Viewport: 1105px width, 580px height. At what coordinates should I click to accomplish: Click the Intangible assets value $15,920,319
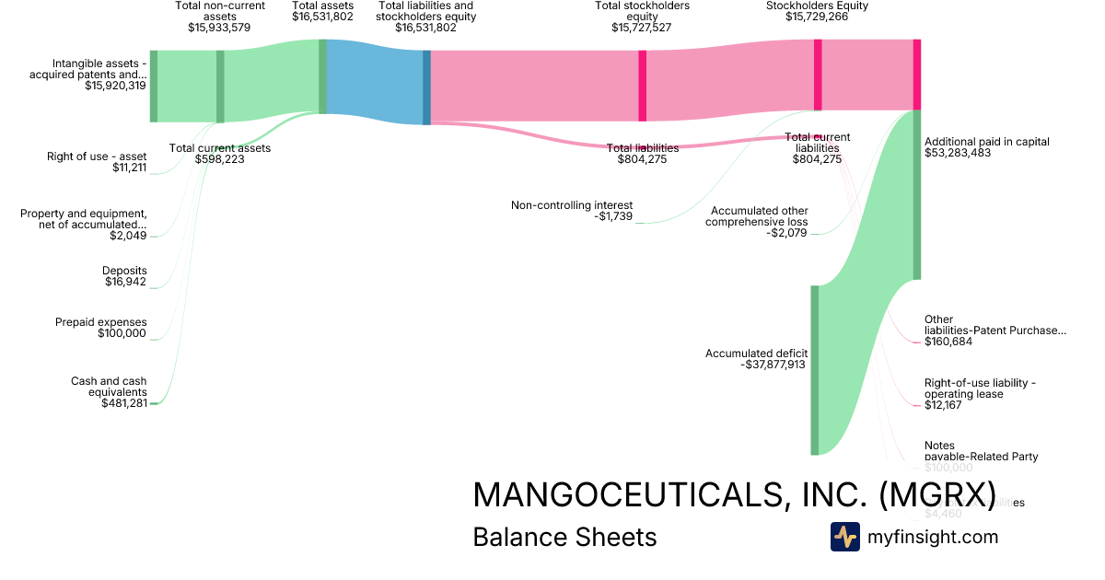tap(115, 86)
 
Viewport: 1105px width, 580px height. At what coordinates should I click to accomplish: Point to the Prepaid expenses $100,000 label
tap(100, 328)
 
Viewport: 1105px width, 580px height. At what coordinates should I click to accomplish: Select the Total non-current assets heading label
tap(219, 17)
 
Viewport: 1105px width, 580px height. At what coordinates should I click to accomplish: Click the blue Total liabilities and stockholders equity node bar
tap(426, 87)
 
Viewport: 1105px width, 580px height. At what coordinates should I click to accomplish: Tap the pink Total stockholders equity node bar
tap(642, 85)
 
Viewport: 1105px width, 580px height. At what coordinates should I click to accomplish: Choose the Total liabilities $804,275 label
tap(643, 154)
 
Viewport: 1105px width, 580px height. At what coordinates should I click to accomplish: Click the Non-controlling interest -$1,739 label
tap(572, 211)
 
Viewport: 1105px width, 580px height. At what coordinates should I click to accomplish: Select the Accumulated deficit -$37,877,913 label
tap(756, 359)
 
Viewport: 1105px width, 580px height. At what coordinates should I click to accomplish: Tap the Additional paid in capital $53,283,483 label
tap(986, 147)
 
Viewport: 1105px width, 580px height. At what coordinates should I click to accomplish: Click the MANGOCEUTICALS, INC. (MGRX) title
tap(733, 495)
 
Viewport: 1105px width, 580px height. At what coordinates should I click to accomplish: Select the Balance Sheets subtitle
tap(564, 538)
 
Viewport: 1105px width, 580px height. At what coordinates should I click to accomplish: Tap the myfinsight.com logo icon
tap(844, 537)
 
